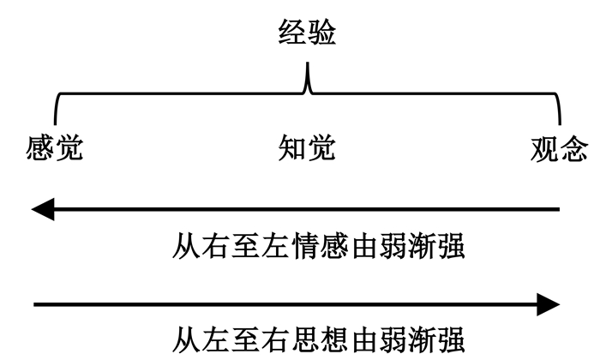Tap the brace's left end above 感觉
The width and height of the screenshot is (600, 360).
56,116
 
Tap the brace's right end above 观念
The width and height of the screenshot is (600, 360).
559,116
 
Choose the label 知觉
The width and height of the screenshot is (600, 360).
307,148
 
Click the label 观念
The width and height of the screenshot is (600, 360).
559,148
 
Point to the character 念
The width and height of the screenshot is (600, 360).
573,148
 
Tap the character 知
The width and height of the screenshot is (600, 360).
292,148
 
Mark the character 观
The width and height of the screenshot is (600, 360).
544,148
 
